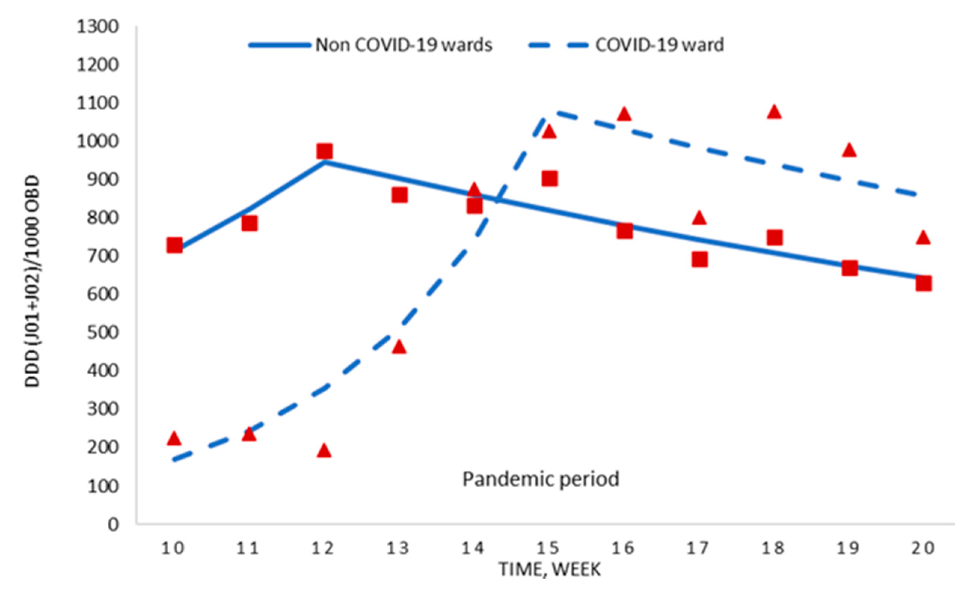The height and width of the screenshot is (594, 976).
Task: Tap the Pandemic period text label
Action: pos(541,479)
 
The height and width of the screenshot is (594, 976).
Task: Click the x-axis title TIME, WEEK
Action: pos(549,569)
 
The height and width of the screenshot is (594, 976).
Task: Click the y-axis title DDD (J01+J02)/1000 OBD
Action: pos(33,281)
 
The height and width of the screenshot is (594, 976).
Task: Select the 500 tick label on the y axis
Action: pos(102,332)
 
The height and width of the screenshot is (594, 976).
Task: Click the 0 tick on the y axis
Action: pos(113,525)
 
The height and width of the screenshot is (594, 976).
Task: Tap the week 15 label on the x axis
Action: pos(549,548)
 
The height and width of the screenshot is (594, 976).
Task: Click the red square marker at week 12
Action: pos(325,152)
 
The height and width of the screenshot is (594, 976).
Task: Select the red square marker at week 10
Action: pos(174,246)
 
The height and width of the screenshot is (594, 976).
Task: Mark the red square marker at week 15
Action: pos(549,179)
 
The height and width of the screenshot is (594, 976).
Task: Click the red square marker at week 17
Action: pos(700,260)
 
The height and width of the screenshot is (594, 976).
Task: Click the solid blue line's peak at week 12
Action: pos(325,162)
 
